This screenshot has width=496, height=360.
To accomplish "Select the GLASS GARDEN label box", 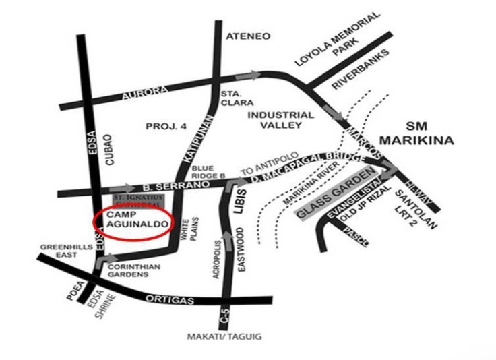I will click(x=335, y=196).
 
